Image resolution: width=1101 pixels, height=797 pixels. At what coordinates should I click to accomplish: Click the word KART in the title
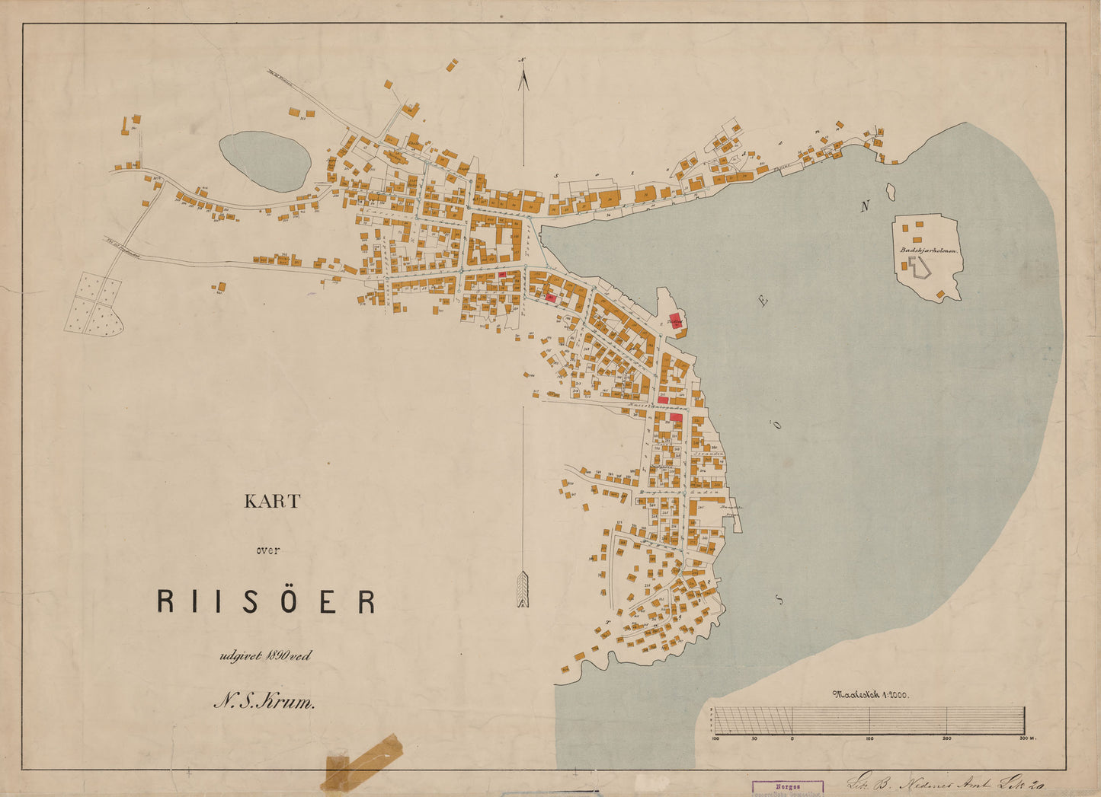tap(272, 502)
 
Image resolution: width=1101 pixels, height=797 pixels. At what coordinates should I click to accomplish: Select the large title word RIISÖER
tap(266, 601)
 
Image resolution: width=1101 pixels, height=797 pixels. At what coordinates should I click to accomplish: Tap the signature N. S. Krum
tap(264, 702)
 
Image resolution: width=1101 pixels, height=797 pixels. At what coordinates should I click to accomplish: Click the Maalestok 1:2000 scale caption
tap(871, 693)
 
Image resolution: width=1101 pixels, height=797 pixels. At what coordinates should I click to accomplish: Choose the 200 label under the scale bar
tap(947, 738)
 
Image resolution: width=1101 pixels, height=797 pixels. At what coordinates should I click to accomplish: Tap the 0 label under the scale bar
tap(792, 738)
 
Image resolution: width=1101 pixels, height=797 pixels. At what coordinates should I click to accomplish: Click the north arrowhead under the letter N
tap(523, 80)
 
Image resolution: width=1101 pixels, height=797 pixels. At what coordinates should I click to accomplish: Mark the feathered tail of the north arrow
tap(523, 589)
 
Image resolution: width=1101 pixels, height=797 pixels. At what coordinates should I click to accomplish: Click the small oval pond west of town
tap(264, 161)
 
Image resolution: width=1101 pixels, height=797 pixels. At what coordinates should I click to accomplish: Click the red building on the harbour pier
tap(675, 320)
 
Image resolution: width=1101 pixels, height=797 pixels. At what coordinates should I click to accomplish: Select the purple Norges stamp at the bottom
tap(788, 788)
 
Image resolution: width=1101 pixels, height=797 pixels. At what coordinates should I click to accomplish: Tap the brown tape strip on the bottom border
tap(363, 760)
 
